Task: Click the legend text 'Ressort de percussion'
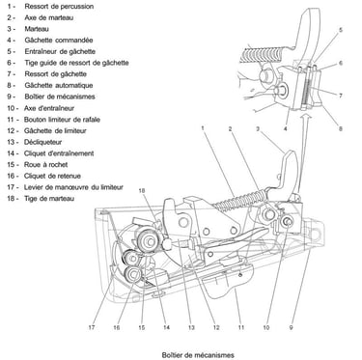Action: point(59,6)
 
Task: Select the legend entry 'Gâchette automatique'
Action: point(59,85)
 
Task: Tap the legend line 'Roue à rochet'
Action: point(45,164)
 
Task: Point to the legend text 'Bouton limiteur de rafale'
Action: point(62,120)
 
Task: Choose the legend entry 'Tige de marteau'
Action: point(49,199)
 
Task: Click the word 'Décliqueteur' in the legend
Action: point(42,142)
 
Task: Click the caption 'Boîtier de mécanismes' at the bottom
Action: point(198,355)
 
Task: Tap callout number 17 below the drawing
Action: point(92,327)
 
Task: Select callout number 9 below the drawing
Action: point(291,327)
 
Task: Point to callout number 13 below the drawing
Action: point(191,327)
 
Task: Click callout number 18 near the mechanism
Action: point(142,190)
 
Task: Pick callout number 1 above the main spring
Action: point(203,128)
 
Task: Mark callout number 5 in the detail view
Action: point(341,30)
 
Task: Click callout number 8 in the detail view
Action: point(341,128)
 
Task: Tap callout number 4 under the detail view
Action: point(286,128)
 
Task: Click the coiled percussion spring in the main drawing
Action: point(239,200)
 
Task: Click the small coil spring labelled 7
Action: point(307,92)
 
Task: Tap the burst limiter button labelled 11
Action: point(228,279)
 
